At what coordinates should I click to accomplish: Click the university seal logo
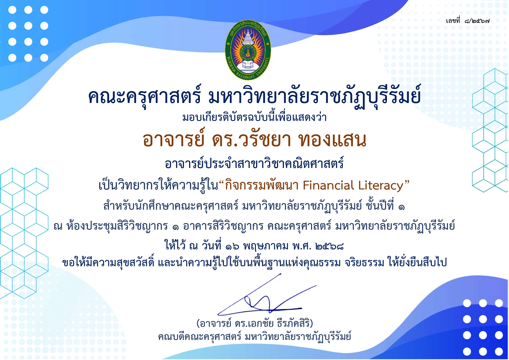coord(248,50)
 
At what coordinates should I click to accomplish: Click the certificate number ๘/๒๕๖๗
coord(477,21)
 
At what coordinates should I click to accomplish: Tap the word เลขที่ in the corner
coord(453,20)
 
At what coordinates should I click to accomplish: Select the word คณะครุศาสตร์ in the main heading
coord(144,96)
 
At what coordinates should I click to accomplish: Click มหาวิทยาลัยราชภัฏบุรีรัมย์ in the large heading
coord(314,96)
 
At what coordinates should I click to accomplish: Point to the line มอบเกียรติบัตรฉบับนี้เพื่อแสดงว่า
coord(254,117)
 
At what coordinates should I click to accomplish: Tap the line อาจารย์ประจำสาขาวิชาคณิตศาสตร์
coord(254,163)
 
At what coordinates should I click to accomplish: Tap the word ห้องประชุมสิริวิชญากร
coord(117,226)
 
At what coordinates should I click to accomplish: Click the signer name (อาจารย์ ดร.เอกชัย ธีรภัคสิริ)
coord(254,323)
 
